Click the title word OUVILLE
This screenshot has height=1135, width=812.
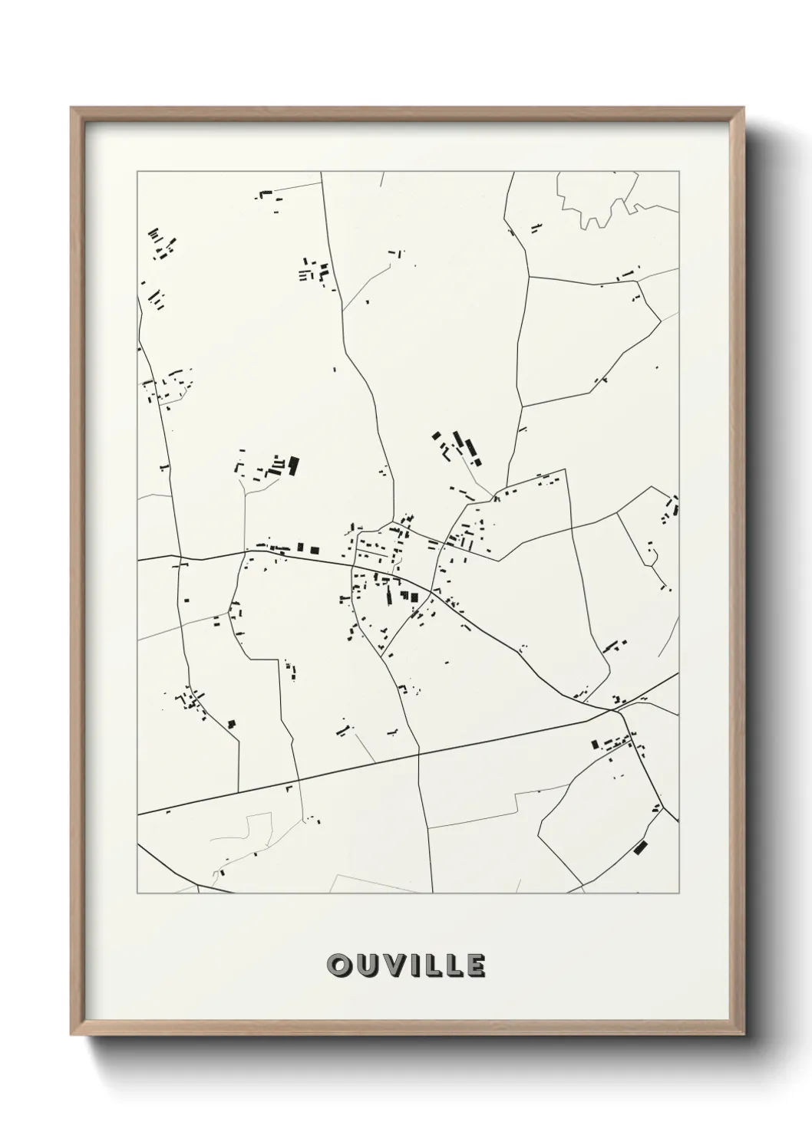(x=406, y=966)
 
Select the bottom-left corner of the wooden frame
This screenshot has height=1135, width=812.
(x=72, y=1035)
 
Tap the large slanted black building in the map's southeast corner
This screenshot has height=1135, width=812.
(x=640, y=847)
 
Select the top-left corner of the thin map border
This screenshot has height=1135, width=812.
(x=137, y=172)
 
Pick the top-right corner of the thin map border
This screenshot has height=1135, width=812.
(x=679, y=172)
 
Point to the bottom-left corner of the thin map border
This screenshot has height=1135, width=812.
(x=137, y=893)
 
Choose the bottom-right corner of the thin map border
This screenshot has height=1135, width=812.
(x=679, y=893)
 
